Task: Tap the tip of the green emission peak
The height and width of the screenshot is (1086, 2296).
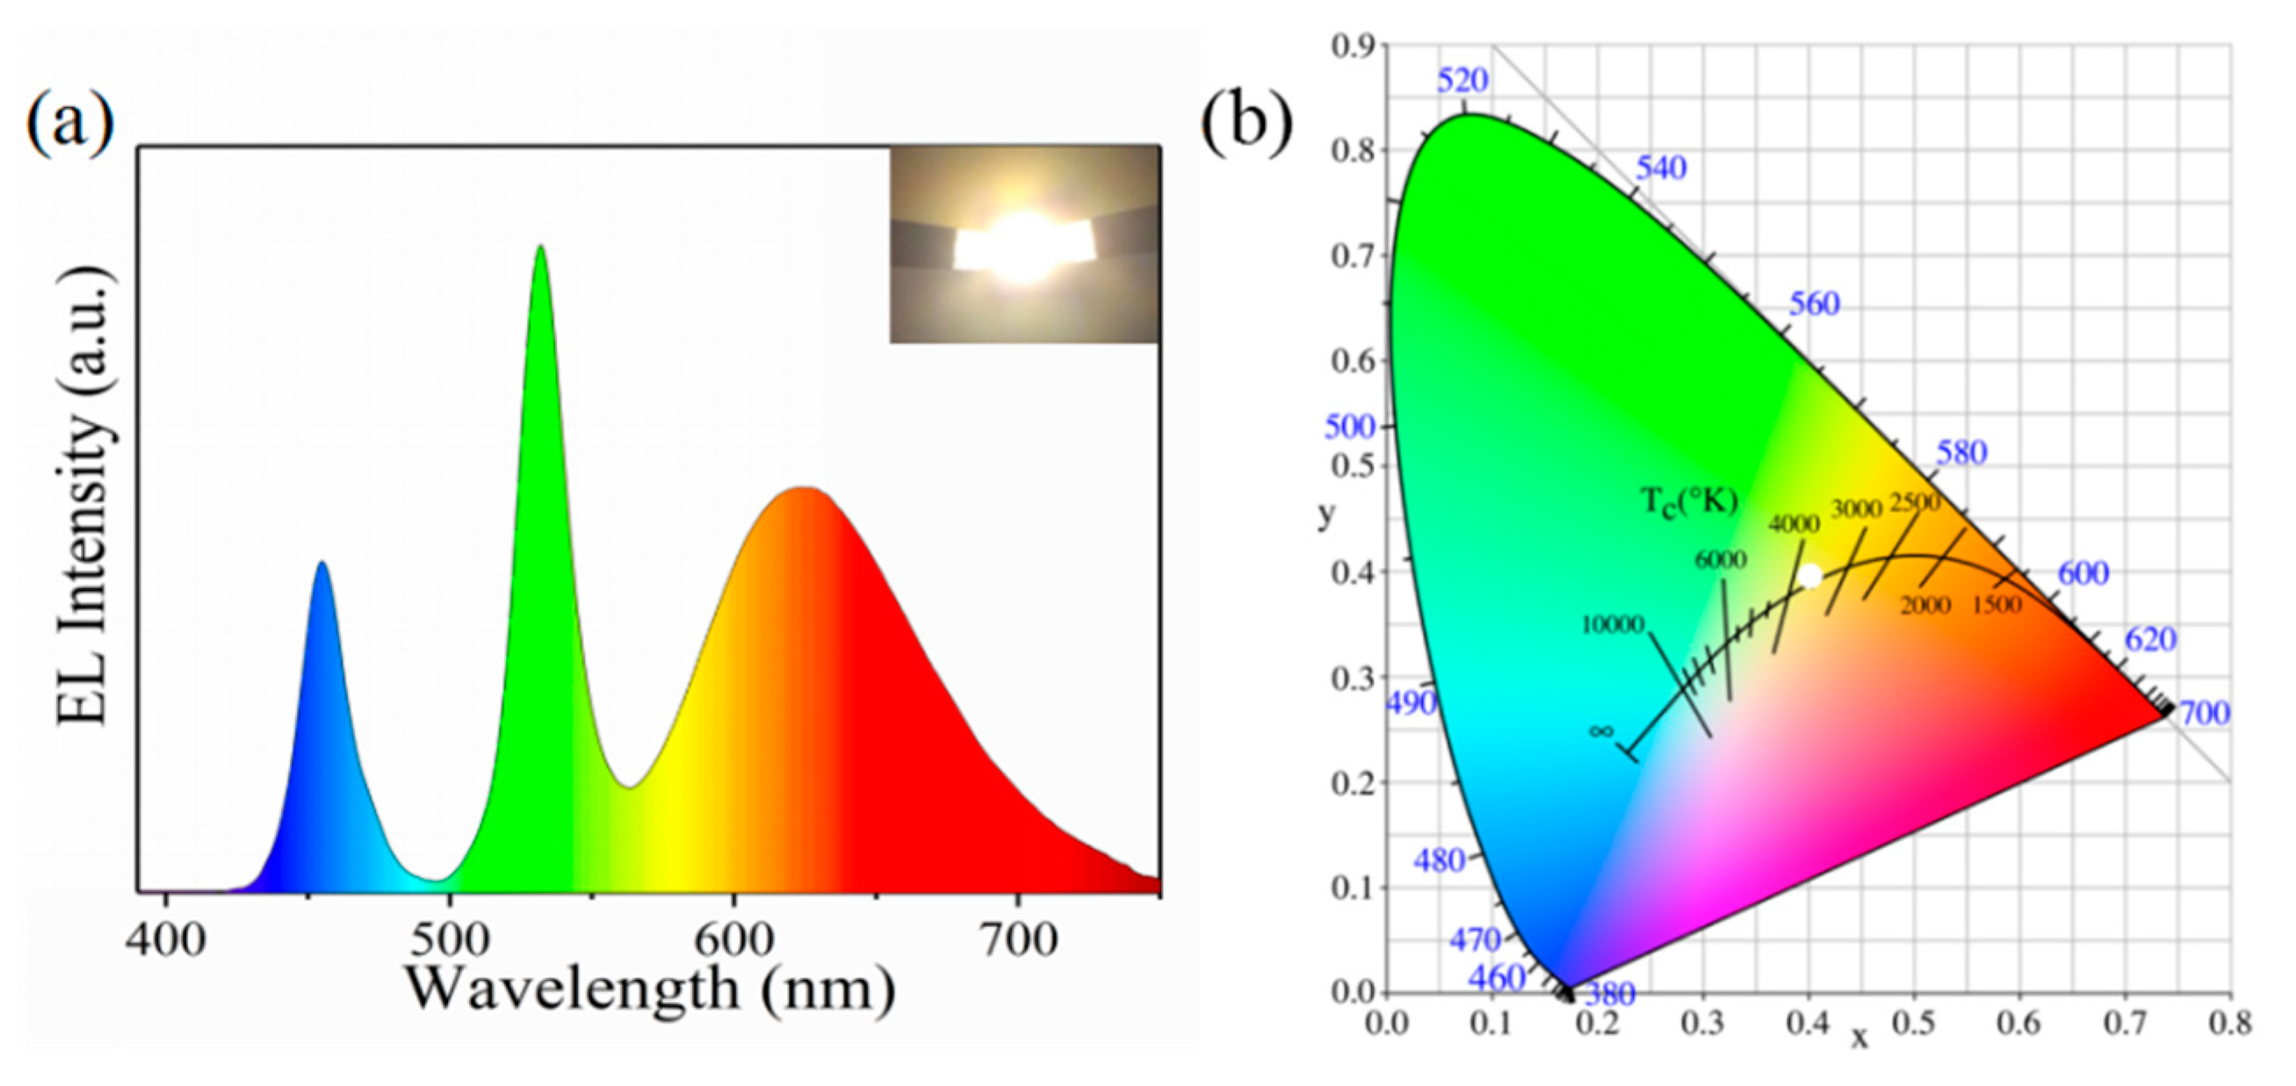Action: coord(540,247)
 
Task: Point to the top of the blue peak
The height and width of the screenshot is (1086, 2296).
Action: coord(321,563)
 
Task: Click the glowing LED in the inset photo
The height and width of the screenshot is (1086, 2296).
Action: coord(1023,247)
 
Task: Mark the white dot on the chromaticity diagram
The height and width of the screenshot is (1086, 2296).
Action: coord(1809,577)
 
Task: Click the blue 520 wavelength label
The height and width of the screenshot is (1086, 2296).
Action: coord(1462,81)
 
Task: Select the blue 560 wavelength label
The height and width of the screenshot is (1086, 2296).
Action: coord(1814,305)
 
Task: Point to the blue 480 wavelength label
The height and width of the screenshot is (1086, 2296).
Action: coord(1440,860)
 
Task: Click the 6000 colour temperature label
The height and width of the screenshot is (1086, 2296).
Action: coord(1720,559)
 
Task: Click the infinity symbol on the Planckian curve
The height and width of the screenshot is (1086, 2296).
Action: coord(1600,731)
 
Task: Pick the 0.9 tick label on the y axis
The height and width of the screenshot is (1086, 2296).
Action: coord(1353,47)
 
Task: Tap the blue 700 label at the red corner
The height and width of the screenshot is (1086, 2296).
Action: coord(2204,714)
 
